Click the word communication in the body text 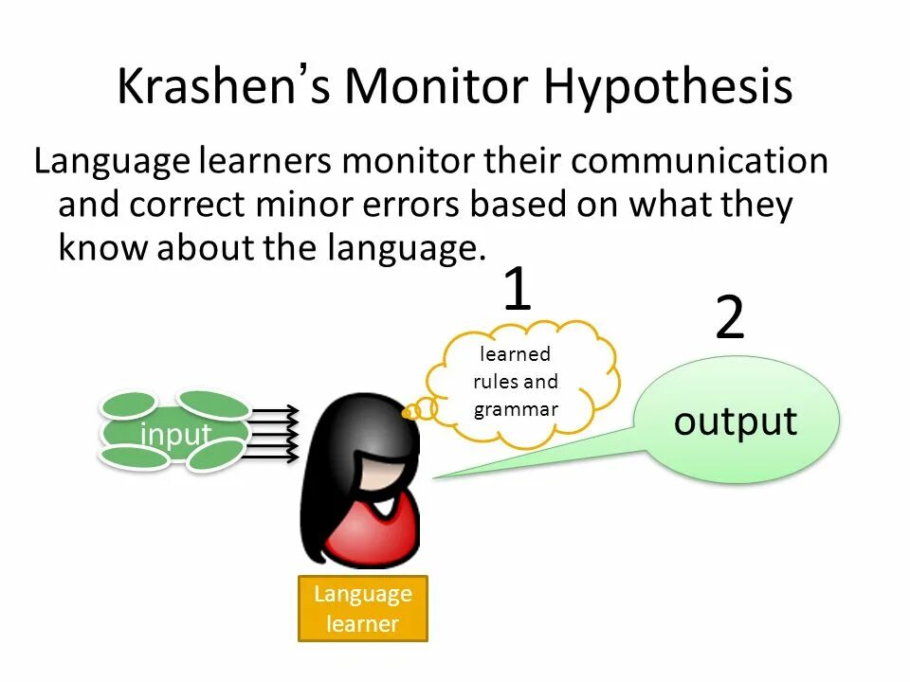click(x=700, y=161)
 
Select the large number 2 click(x=729, y=319)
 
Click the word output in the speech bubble click(x=735, y=422)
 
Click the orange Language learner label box click(x=363, y=608)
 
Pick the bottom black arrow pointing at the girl click(x=275, y=458)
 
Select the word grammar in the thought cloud click(x=516, y=409)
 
